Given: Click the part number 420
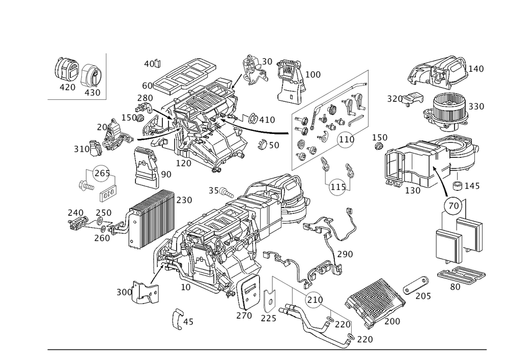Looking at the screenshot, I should tap(67, 88).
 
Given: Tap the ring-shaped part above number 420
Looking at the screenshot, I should tap(66, 70).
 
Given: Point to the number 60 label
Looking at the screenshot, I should tap(147, 85).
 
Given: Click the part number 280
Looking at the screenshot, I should tap(145, 98).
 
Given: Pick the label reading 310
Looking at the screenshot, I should tap(81, 149).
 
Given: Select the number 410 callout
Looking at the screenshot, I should tap(267, 120).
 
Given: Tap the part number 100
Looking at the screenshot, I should tap(313, 75).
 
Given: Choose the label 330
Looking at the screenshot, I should tap(476, 107).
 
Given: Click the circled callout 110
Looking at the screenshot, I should tap(346, 139).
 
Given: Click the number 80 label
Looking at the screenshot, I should tap(455, 286).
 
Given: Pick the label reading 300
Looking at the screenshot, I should tap(124, 292).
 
